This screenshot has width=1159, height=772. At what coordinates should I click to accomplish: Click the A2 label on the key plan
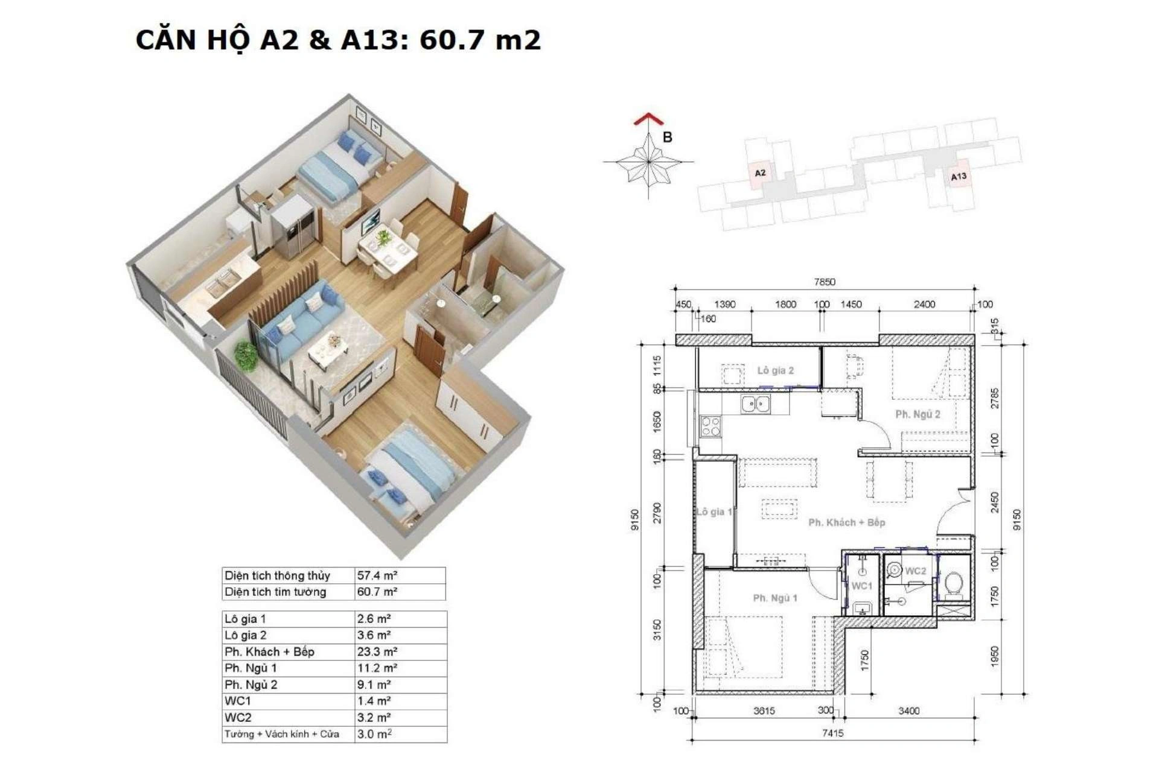(x=760, y=173)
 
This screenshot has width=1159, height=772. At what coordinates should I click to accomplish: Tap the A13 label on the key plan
(x=959, y=176)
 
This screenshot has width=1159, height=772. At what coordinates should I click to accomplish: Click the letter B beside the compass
(x=667, y=138)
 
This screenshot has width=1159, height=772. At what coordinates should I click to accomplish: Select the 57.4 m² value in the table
(x=377, y=575)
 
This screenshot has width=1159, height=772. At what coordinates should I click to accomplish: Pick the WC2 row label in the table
(x=238, y=718)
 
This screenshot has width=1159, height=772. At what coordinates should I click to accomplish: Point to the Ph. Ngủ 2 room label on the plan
(x=918, y=414)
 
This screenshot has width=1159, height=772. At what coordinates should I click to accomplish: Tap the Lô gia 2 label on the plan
(x=776, y=370)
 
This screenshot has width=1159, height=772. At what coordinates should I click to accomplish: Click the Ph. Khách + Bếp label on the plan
(x=846, y=522)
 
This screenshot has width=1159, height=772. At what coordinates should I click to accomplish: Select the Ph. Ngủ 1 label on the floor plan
(x=775, y=598)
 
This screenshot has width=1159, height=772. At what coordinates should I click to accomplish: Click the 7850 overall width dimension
(x=825, y=282)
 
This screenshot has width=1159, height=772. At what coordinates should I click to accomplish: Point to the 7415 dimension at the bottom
(x=832, y=733)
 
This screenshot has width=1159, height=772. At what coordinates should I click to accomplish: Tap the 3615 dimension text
(x=764, y=711)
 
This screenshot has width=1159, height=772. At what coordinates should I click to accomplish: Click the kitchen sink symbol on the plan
(x=756, y=404)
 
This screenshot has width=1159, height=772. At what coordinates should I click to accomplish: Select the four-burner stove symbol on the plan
(x=710, y=426)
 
